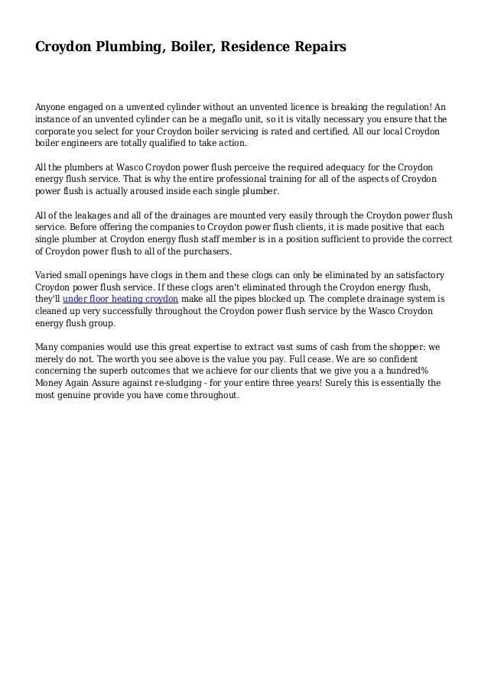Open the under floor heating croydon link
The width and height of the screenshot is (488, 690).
(x=120, y=297)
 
